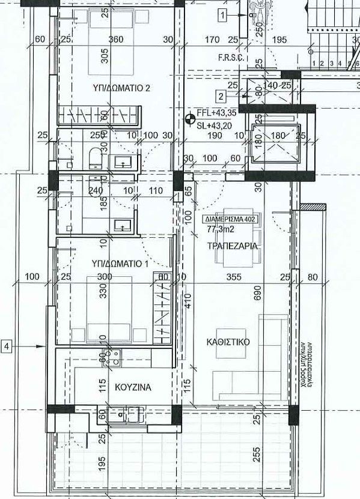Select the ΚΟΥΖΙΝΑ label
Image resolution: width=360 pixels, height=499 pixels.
click(x=130, y=387)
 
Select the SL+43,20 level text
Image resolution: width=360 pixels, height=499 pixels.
click(x=216, y=126)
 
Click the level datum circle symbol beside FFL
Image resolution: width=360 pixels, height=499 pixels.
click(x=191, y=118)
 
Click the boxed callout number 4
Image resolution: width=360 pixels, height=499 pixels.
click(x=7, y=346)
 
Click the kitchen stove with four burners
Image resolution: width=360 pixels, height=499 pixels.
click(x=111, y=358)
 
